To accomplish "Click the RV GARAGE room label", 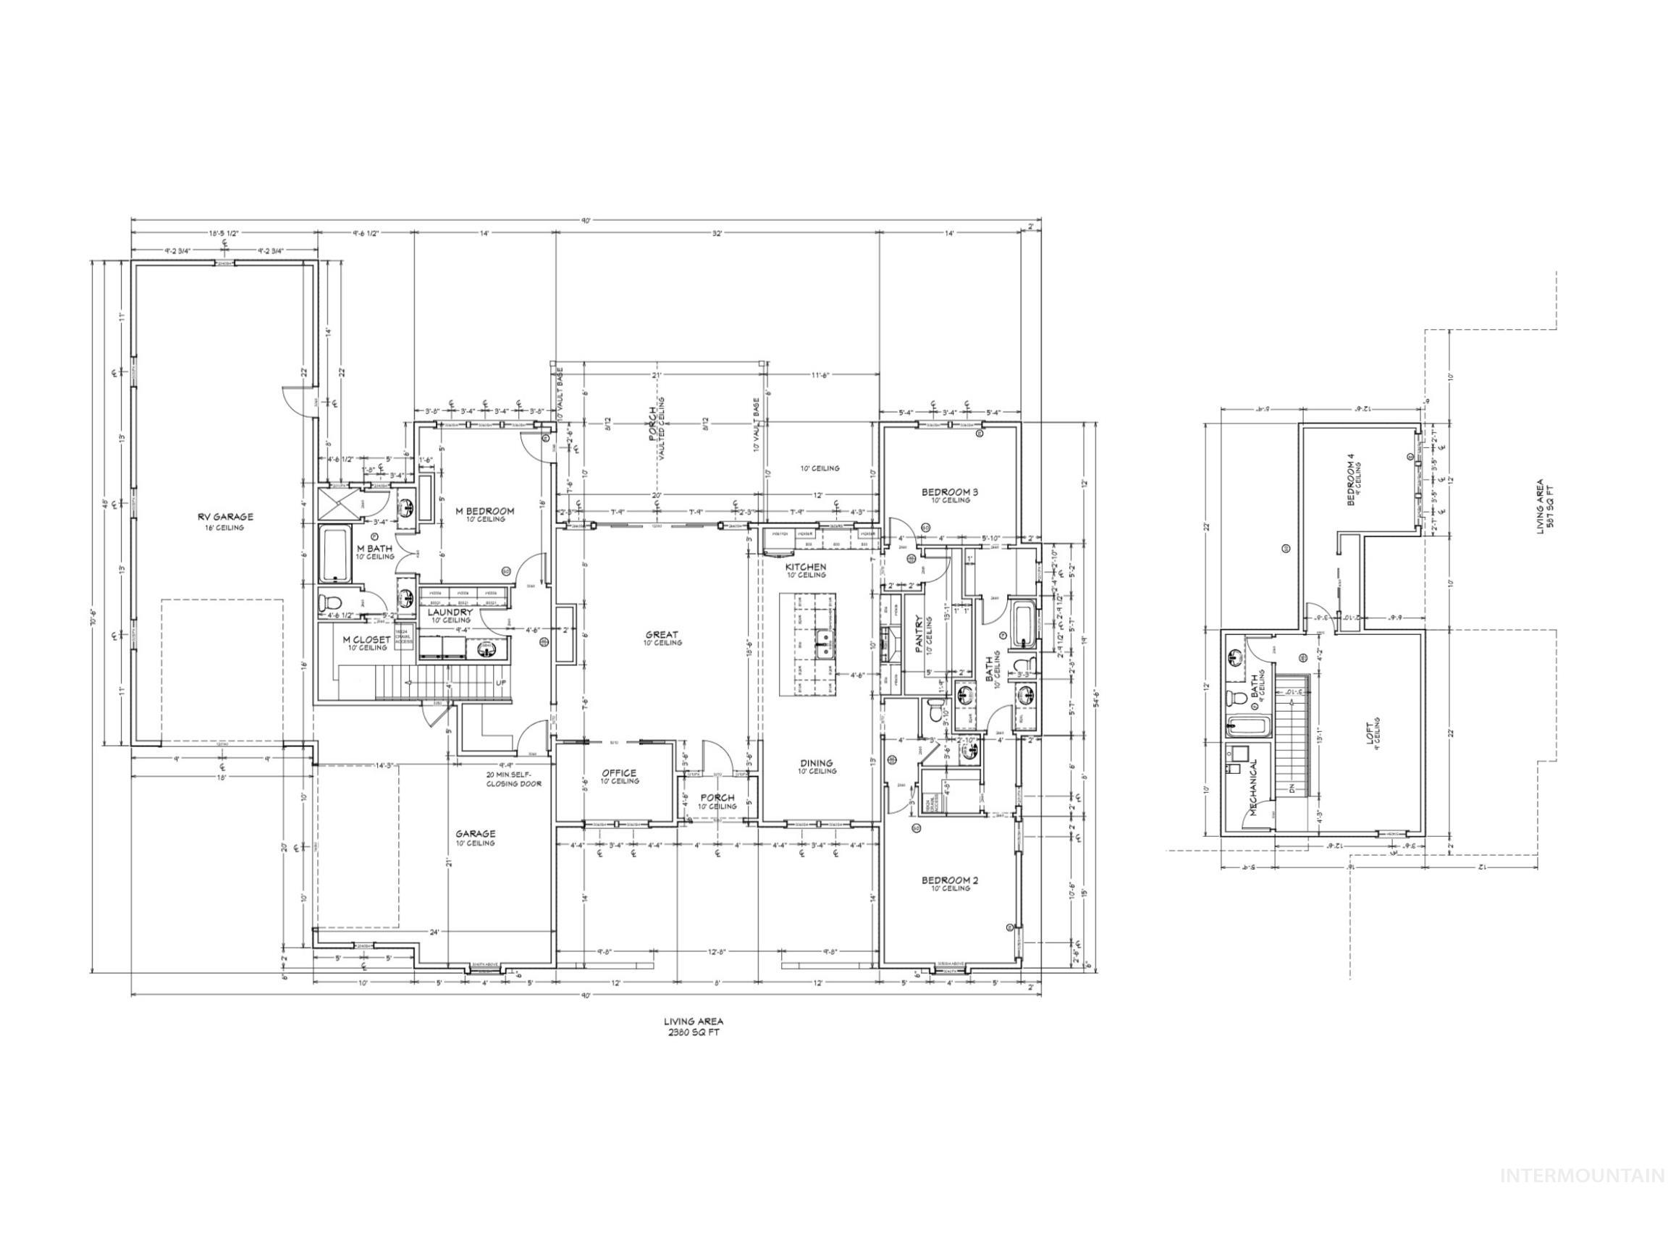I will coord(225,518).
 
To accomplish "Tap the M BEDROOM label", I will coord(485,511).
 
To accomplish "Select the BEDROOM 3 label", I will coord(949,492).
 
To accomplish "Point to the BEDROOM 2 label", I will coord(949,880).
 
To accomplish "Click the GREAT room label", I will coord(661,635).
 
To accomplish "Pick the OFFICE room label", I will coord(619,773).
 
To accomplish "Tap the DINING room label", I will coord(817,763).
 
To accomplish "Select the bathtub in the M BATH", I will coord(334,555).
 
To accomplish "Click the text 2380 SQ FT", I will coord(693,1032).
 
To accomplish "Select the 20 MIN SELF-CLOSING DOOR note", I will coord(513,779).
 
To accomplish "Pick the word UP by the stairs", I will coord(501,683).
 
